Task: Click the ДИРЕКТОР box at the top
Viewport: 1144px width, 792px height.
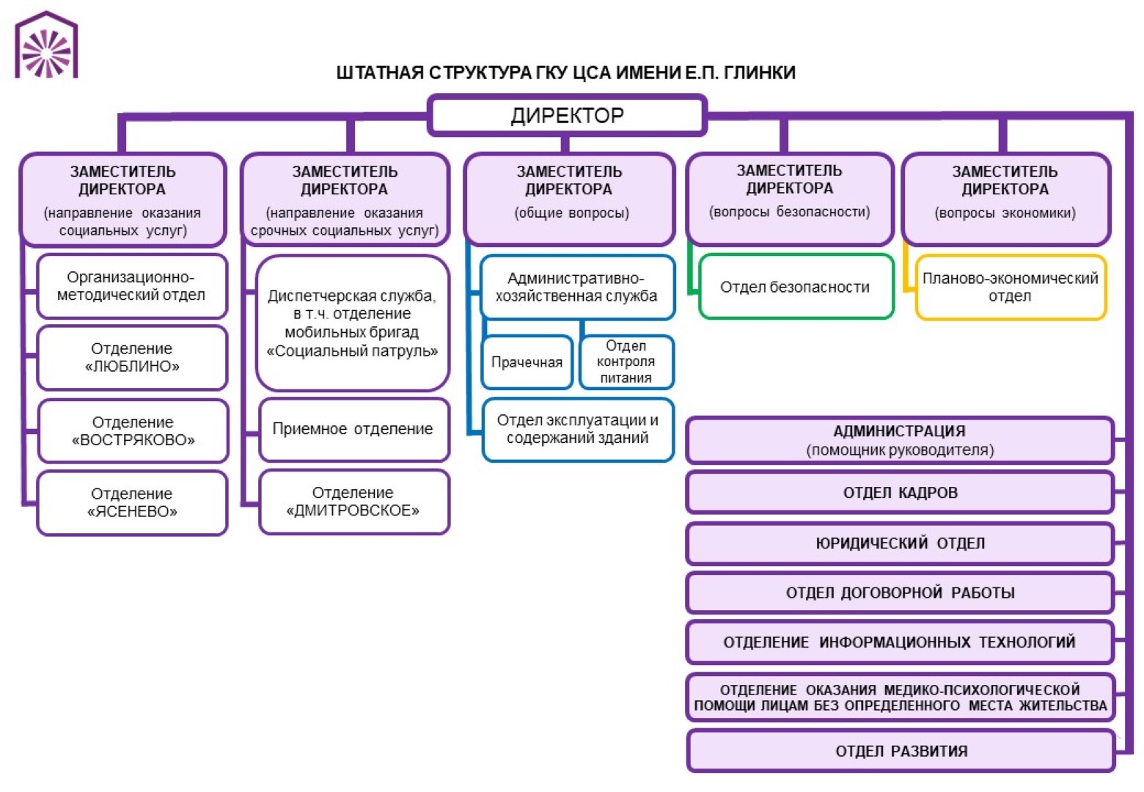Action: pyautogui.click(x=567, y=115)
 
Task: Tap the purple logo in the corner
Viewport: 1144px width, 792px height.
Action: pyautogui.click(x=46, y=45)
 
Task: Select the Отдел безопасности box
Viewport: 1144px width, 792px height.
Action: pyautogui.click(x=796, y=287)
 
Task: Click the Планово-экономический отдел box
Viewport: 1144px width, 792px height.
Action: pyautogui.click(x=1010, y=287)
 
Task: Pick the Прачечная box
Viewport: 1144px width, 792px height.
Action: pyautogui.click(x=527, y=362)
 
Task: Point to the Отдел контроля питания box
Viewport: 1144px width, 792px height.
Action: pyautogui.click(x=626, y=362)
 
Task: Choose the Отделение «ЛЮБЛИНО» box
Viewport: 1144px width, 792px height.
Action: pyautogui.click(x=132, y=357)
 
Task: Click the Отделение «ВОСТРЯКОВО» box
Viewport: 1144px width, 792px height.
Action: pyautogui.click(x=133, y=430)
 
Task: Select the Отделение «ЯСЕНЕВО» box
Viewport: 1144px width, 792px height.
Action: pyautogui.click(x=132, y=502)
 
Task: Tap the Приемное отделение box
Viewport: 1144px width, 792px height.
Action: pyautogui.click(x=353, y=429)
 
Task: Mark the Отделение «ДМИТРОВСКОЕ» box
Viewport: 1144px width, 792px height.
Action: pyautogui.click(x=353, y=502)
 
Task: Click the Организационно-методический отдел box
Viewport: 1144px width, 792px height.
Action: pyautogui.click(x=131, y=286)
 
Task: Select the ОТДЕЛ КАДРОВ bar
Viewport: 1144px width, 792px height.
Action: pyautogui.click(x=900, y=493)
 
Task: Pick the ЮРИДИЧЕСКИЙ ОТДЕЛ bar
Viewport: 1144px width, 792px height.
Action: pyautogui.click(x=900, y=543)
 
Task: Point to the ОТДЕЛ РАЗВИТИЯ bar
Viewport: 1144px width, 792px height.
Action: pyautogui.click(x=901, y=751)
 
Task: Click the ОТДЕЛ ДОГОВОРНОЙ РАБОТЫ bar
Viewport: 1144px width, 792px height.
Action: pyautogui.click(x=900, y=593)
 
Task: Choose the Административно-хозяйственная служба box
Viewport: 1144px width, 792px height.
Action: pyautogui.click(x=576, y=287)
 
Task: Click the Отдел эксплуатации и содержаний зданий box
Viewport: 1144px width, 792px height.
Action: pyautogui.click(x=577, y=429)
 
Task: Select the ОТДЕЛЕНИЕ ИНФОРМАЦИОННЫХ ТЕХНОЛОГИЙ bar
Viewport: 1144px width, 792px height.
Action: pyautogui.click(x=900, y=642)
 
